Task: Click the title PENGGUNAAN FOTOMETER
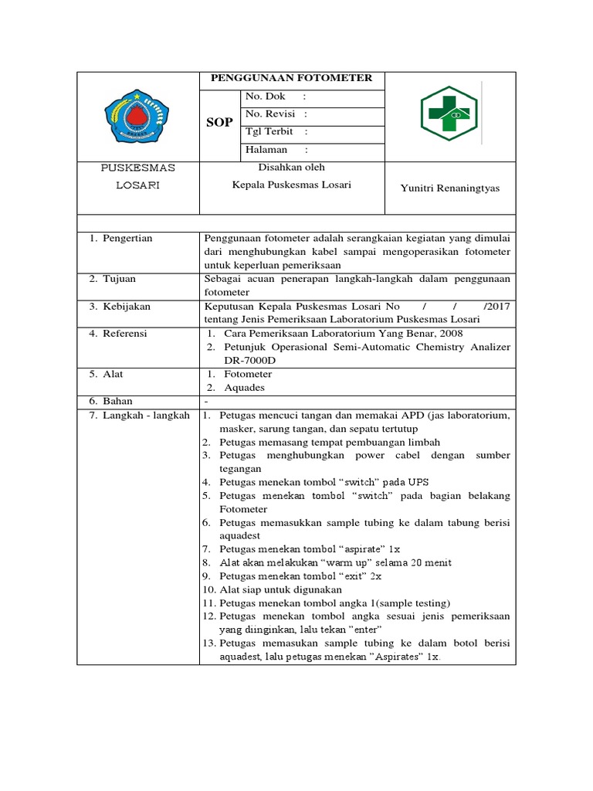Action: pos(292,78)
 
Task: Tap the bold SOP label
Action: pos(219,122)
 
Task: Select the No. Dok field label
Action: pos(265,97)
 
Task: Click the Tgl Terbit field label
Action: pos(269,131)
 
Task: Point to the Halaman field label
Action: pos(266,150)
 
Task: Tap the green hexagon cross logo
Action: pos(449,114)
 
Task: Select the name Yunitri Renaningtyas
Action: pos(450,188)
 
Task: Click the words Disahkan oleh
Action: pos(292,168)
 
